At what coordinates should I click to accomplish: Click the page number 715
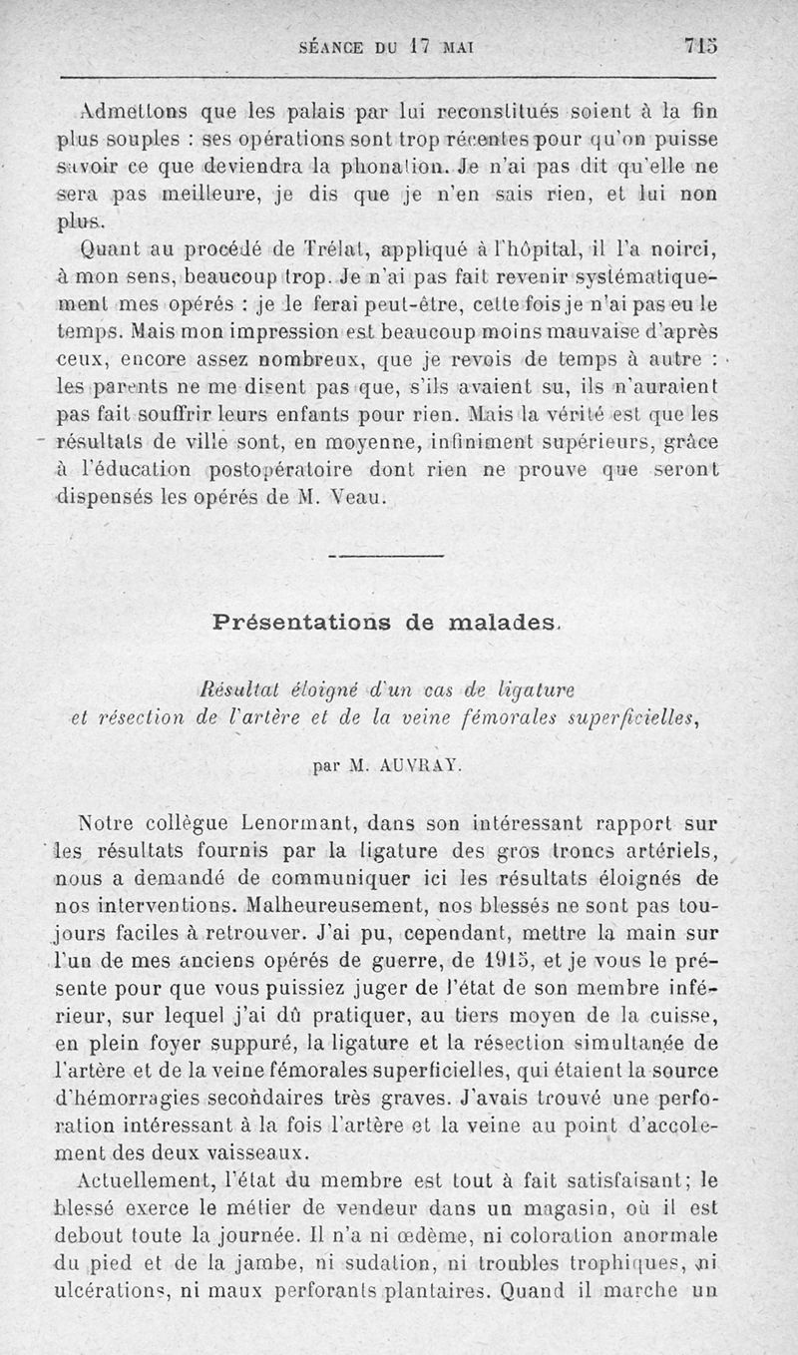point(701,45)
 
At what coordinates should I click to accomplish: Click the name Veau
point(357,497)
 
